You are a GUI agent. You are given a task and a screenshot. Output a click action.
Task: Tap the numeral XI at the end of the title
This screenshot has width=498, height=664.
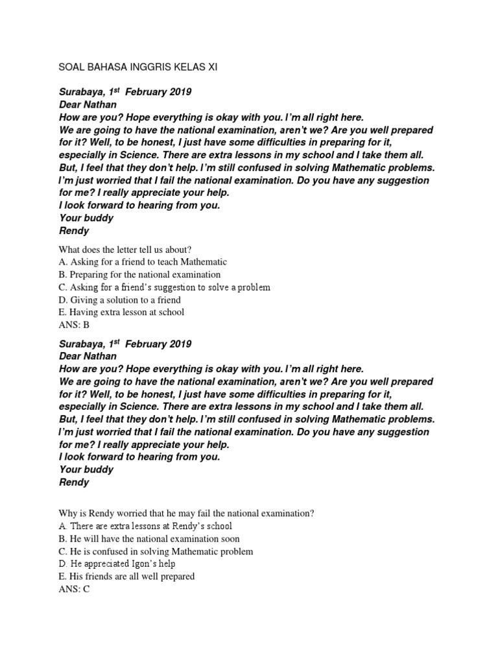211,67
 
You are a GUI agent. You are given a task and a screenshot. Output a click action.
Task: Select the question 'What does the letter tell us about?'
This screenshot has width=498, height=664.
126,250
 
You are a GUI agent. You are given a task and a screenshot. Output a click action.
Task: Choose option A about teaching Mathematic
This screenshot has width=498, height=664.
143,262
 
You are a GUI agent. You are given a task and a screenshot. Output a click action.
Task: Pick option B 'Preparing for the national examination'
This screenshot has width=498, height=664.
139,274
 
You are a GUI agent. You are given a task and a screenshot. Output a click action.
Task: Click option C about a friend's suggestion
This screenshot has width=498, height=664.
164,287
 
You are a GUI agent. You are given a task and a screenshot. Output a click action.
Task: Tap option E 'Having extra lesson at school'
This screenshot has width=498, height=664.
121,312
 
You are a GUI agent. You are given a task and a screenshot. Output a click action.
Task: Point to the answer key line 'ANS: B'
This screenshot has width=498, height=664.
74,325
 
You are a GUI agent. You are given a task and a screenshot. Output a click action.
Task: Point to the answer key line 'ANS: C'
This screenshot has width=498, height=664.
74,589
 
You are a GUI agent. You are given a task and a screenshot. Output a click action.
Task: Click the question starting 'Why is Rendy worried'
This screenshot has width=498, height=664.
186,513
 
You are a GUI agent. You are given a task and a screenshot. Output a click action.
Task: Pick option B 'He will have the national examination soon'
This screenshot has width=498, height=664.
149,538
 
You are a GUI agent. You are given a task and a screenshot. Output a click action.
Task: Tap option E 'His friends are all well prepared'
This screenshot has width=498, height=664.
126,576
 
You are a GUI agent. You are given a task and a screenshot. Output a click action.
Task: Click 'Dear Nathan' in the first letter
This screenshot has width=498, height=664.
88,104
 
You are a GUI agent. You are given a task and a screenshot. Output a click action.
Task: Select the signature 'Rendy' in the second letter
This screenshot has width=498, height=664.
74,482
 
